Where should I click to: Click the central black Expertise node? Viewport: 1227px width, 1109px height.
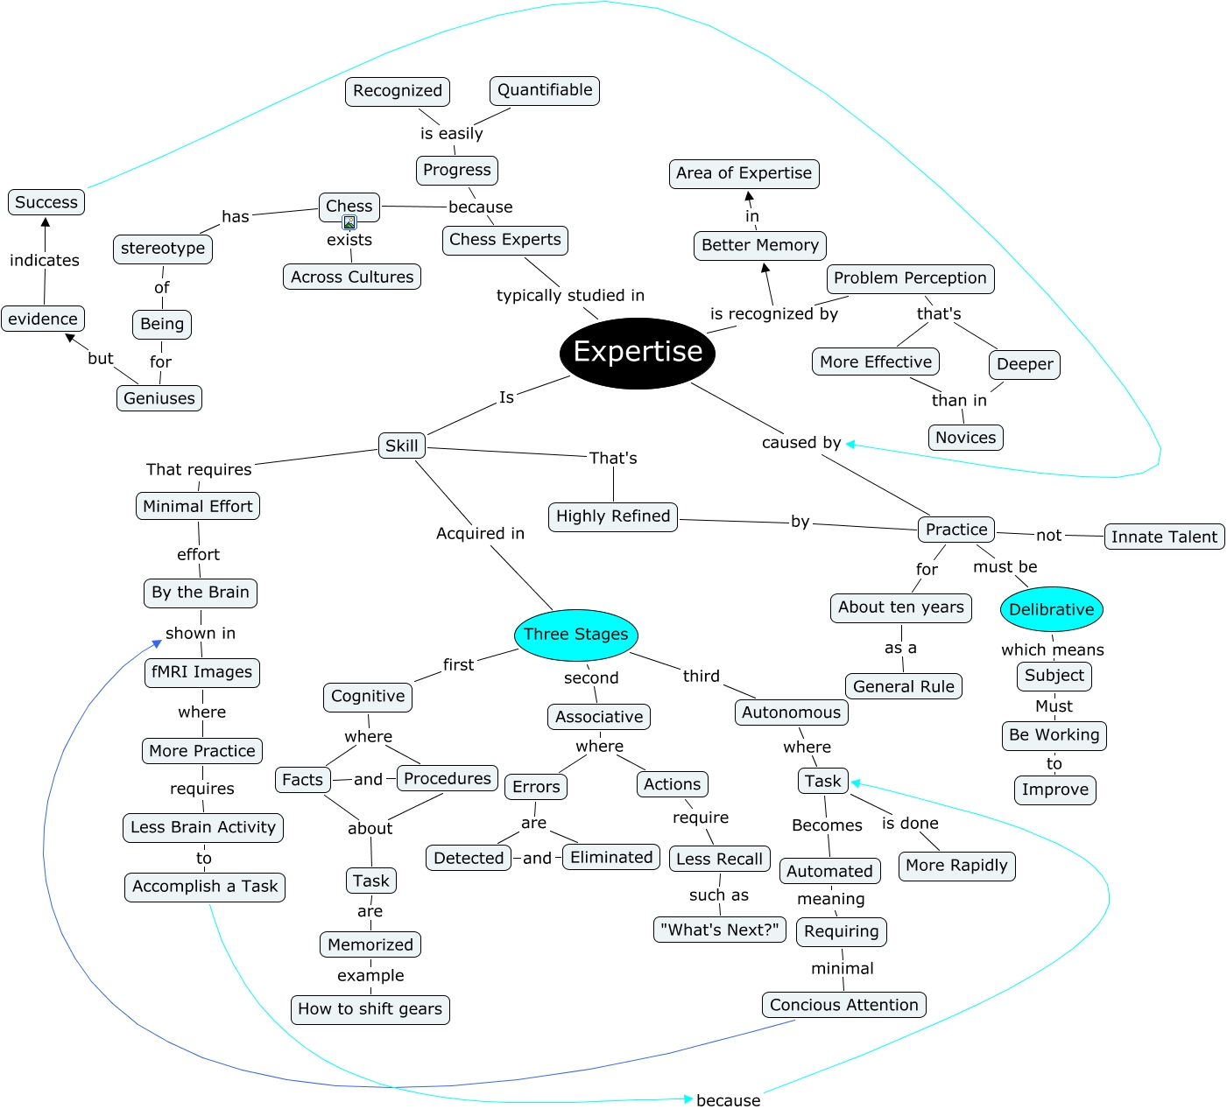point(638,352)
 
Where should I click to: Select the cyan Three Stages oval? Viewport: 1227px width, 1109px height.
point(575,635)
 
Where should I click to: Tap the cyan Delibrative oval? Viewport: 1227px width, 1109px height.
point(1051,609)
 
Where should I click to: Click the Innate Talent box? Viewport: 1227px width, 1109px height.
point(1164,537)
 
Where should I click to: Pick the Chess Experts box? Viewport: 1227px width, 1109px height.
point(504,240)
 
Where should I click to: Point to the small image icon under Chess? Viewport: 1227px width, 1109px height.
point(349,222)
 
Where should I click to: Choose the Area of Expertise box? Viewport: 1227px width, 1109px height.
point(744,173)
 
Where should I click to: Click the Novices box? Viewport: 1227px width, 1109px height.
point(965,438)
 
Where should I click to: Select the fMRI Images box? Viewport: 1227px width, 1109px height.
point(201,672)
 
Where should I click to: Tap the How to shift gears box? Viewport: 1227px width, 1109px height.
point(370,1009)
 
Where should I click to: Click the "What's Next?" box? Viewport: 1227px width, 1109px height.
point(719,930)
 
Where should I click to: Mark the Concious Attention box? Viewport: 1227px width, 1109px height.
point(843,1005)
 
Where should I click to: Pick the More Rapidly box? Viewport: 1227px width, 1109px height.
point(956,866)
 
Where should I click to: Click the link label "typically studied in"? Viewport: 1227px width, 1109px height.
point(570,296)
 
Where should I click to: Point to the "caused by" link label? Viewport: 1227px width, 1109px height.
point(800,443)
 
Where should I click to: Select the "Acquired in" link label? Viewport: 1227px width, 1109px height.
point(480,534)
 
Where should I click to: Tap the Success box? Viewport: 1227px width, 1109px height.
point(46,202)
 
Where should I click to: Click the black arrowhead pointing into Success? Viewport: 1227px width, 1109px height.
point(46,222)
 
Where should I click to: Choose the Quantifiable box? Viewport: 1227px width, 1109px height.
point(545,90)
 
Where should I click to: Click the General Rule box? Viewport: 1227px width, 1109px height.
point(904,686)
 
